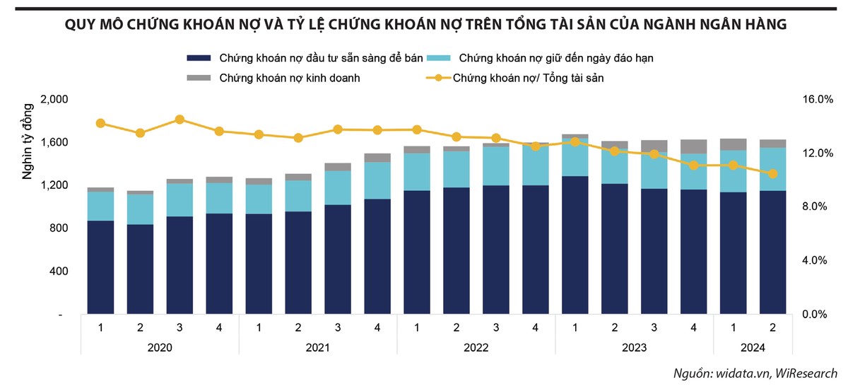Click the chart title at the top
tap(425, 25)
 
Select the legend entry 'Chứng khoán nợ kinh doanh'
tap(290, 78)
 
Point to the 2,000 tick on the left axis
tap(54, 100)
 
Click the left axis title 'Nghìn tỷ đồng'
tap(28, 141)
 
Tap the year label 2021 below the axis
tap(318, 348)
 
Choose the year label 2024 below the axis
tap(753, 348)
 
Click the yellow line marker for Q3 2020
tap(179, 120)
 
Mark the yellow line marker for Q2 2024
tap(772, 173)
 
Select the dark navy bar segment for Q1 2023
tap(575, 245)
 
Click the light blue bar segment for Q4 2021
tap(377, 181)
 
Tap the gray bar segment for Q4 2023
tap(693, 146)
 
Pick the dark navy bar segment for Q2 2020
tap(140, 269)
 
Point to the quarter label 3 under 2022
tap(496, 327)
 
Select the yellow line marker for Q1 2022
tap(417, 129)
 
